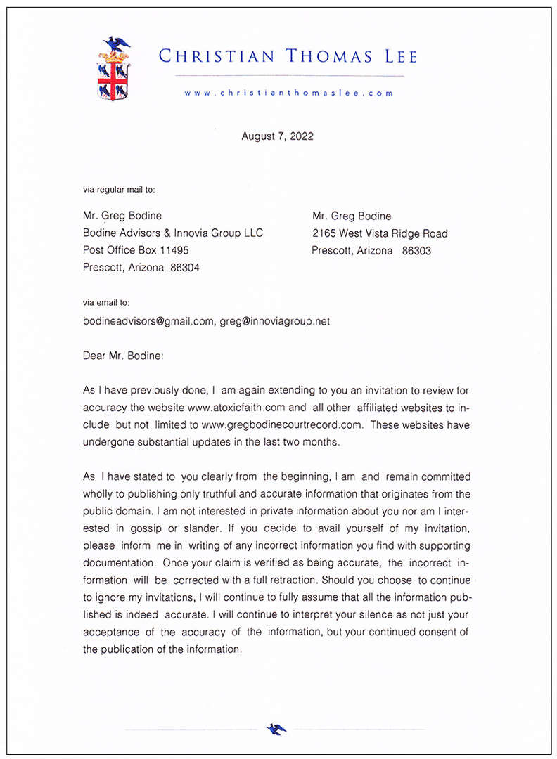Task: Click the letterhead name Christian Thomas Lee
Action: [x=288, y=56]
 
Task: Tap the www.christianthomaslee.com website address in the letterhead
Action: [x=288, y=93]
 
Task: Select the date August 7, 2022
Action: [x=277, y=136]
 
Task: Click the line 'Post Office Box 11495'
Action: [x=136, y=250]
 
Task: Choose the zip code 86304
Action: [x=185, y=268]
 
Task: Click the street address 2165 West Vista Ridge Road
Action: [x=380, y=233]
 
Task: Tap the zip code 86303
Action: [x=417, y=251]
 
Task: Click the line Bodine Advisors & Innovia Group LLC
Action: [x=173, y=233]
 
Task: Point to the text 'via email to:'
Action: [x=106, y=303]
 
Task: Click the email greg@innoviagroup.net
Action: [x=274, y=321]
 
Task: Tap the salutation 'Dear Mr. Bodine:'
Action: [x=123, y=356]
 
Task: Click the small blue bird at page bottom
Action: [x=276, y=729]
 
